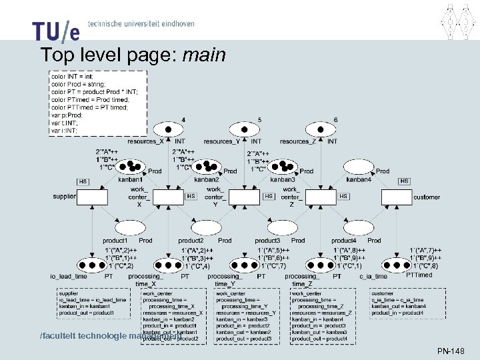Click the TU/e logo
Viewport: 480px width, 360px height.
point(56,30)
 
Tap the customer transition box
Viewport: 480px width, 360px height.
point(397,197)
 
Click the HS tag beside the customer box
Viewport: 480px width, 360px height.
point(404,181)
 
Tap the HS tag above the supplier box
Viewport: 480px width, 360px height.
point(83,181)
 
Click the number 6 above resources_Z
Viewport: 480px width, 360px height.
point(336,119)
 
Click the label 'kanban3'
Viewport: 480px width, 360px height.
point(283,179)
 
